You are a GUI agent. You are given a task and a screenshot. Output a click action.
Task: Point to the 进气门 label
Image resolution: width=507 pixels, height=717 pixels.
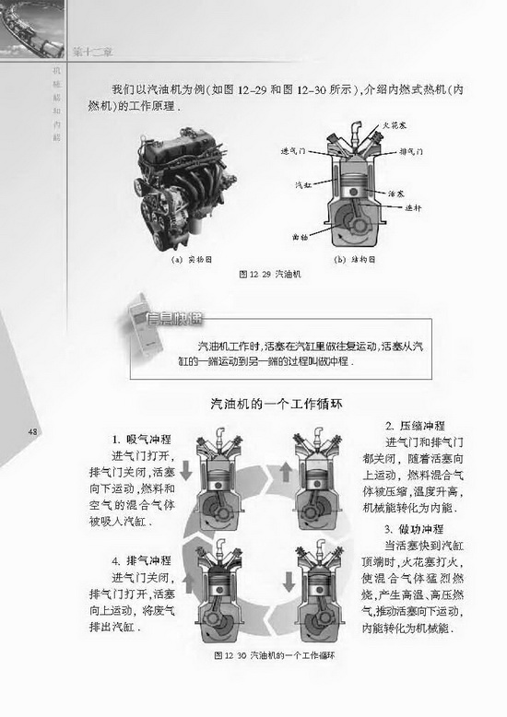295,148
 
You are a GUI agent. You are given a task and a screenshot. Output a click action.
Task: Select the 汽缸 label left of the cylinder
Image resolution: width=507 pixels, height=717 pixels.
301,185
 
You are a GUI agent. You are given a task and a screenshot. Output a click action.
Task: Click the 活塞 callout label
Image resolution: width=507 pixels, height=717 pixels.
397,194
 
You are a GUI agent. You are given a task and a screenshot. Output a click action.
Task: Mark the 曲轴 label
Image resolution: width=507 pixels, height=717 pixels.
300,237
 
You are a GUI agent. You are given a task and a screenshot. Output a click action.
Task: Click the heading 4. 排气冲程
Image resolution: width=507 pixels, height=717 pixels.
142,560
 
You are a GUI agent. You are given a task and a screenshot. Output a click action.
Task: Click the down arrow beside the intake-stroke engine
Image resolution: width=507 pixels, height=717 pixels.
186,471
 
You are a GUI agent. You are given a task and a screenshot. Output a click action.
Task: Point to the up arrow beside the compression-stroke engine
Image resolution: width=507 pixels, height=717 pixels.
285,472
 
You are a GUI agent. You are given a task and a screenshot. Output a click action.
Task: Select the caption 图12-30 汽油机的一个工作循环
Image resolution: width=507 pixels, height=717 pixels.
271,656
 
